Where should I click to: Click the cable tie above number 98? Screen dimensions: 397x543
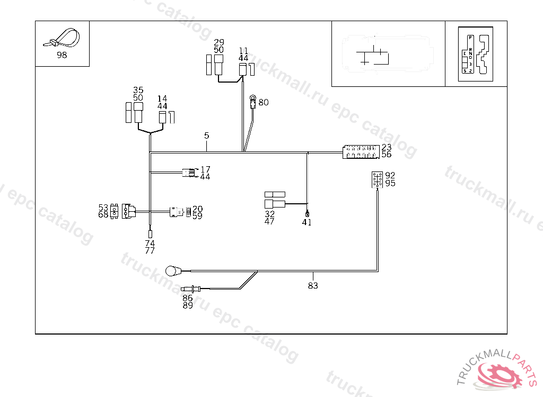pyautogui.click(x=63, y=38)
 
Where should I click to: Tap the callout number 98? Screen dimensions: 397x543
pyautogui.click(x=62, y=55)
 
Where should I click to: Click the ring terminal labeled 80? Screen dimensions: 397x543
pyautogui.click(x=253, y=98)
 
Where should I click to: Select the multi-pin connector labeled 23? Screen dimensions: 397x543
pyautogui.click(x=361, y=152)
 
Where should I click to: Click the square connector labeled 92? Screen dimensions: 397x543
pyautogui.click(x=378, y=179)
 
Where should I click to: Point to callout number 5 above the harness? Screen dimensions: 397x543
pyautogui.click(x=207, y=136)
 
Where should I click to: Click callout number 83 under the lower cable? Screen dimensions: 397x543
pyautogui.click(x=313, y=286)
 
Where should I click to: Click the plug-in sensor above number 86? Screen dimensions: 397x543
pyautogui.click(x=189, y=288)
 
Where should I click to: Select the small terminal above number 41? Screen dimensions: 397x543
pyautogui.click(x=307, y=214)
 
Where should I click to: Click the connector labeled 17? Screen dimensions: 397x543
pyautogui.click(x=188, y=172)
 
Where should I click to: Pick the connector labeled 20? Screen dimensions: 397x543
pyautogui.click(x=176, y=212)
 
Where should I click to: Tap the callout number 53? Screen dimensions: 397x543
pyautogui.click(x=103, y=207)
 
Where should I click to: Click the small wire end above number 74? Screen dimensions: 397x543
pyautogui.click(x=150, y=233)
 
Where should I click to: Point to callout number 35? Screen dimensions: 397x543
pyautogui.click(x=138, y=90)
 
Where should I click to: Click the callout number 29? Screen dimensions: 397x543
pyautogui.click(x=219, y=42)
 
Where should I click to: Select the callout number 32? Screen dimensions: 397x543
pyautogui.click(x=270, y=214)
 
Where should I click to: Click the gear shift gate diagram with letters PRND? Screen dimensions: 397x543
pyautogui.click(x=476, y=53)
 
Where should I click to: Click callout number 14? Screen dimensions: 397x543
pyautogui.click(x=162, y=98)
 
